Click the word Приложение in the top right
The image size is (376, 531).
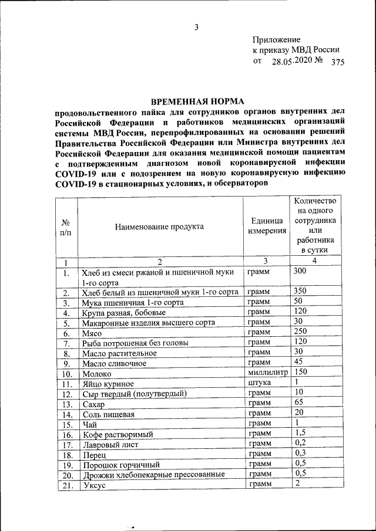pos(277,39)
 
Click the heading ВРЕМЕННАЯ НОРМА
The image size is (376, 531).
pos(197,101)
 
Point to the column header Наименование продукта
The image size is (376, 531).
pos(160,226)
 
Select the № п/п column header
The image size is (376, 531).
pos(66,227)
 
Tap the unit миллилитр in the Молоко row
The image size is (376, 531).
pos(268,372)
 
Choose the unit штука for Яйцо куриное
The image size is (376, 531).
pos(259,382)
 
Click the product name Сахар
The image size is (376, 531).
pos(93,405)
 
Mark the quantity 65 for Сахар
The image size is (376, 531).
pos(298,403)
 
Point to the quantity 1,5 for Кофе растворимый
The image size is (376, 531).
pos(299,433)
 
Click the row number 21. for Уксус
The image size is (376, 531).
pos(66,485)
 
